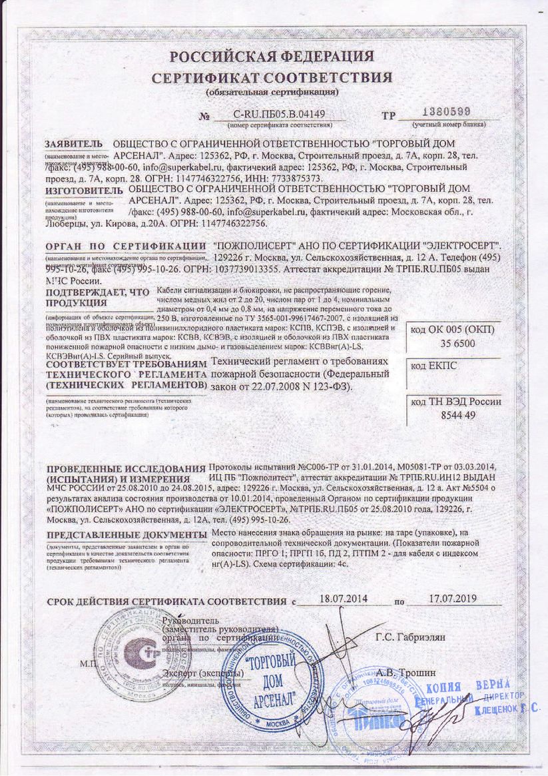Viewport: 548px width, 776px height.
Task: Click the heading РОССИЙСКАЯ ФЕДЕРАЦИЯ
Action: coord(271,55)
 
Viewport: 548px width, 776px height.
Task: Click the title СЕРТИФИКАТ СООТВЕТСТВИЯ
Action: coord(272,77)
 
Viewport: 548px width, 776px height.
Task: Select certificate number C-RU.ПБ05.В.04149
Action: coord(279,115)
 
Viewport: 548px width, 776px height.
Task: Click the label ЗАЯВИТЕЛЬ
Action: coord(74,144)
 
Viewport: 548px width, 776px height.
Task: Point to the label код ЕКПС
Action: coord(433,366)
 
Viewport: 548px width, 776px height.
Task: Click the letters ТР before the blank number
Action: coord(389,115)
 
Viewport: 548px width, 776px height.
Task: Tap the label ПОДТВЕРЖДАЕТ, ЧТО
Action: coord(93,292)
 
